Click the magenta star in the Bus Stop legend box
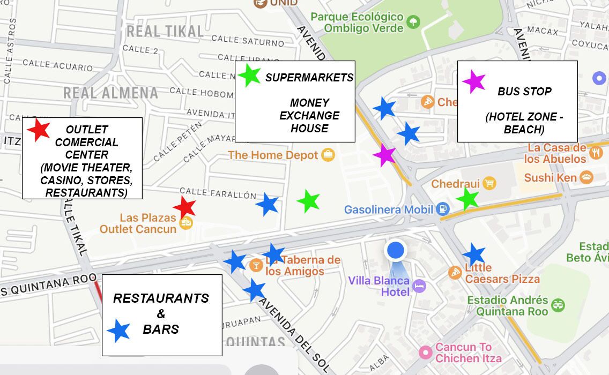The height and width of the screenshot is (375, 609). pyautogui.click(x=474, y=82)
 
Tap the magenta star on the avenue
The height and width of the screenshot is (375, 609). pyautogui.click(x=384, y=155)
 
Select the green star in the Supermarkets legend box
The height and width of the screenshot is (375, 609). pyautogui.click(x=249, y=76)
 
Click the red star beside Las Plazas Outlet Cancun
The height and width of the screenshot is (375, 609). pyautogui.click(x=184, y=207)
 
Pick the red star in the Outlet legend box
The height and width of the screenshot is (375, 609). pyautogui.click(x=39, y=130)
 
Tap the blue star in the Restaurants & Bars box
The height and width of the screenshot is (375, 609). pyautogui.click(x=119, y=331)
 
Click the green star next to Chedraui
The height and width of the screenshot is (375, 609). pyautogui.click(x=468, y=199)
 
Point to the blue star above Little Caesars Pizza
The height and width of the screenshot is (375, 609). pyautogui.click(x=474, y=254)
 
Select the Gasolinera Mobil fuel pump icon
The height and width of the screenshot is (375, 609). pyautogui.click(x=442, y=209)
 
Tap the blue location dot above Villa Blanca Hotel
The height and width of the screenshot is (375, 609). pyautogui.click(x=396, y=250)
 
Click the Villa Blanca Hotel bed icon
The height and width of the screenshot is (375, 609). pyautogui.click(x=419, y=286)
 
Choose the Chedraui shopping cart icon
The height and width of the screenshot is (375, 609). pyautogui.click(x=489, y=184)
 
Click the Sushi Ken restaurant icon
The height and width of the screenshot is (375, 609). pyautogui.click(x=586, y=178)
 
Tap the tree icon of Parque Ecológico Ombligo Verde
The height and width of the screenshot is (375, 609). pyautogui.click(x=413, y=22)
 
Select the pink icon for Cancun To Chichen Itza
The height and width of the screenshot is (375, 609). pyautogui.click(x=425, y=352)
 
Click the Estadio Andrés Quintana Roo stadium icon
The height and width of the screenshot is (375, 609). pyautogui.click(x=558, y=305)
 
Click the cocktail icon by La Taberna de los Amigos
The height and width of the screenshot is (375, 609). pyautogui.click(x=256, y=264)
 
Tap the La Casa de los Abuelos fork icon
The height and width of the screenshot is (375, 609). pyautogui.click(x=596, y=153)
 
